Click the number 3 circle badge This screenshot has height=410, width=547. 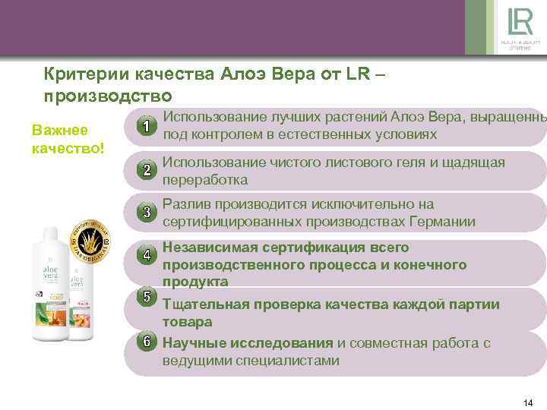(147, 213)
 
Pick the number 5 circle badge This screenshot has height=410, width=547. (147, 297)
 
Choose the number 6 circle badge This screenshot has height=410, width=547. (147, 341)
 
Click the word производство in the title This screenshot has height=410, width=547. (108, 96)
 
